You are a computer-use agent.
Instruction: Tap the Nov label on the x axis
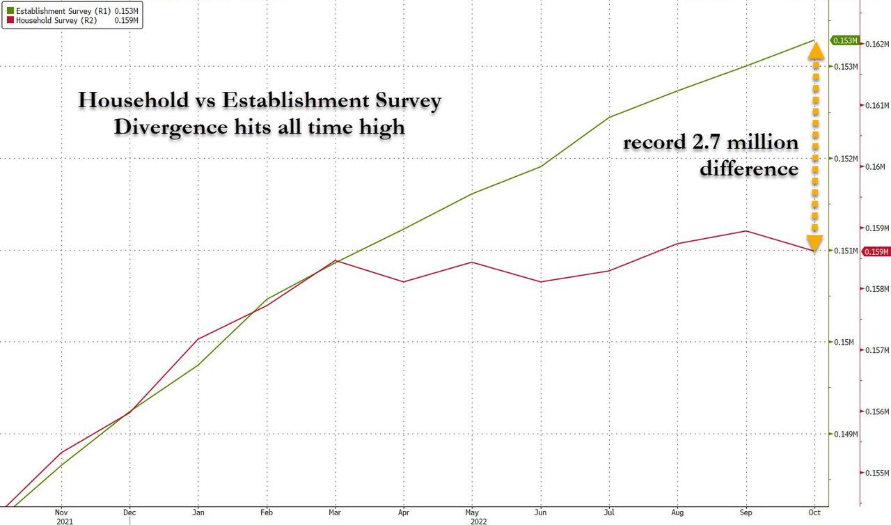pyautogui.click(x=61, y=510)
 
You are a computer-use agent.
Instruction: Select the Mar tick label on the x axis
pyautogui.click(x=336, y=510)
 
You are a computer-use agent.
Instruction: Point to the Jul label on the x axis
pyautogui.click(x=610, y=510)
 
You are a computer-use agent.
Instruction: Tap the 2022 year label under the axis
pyautogui.click(x=478, y=520)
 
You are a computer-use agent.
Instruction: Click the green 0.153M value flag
pyautogui.click(x=844, y=41)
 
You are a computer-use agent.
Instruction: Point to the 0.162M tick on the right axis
pyautogui.click(x=878, y=44)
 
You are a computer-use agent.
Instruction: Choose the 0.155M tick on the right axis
pyautogui.click(x=878, y=473)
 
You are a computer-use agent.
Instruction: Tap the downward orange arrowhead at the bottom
pyautogui.click(x=816, y=242)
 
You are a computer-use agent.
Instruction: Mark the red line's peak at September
pyautogui.click(x=746, y=231)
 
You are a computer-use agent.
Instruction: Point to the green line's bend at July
pyautogui.click(x=610, y=117)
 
